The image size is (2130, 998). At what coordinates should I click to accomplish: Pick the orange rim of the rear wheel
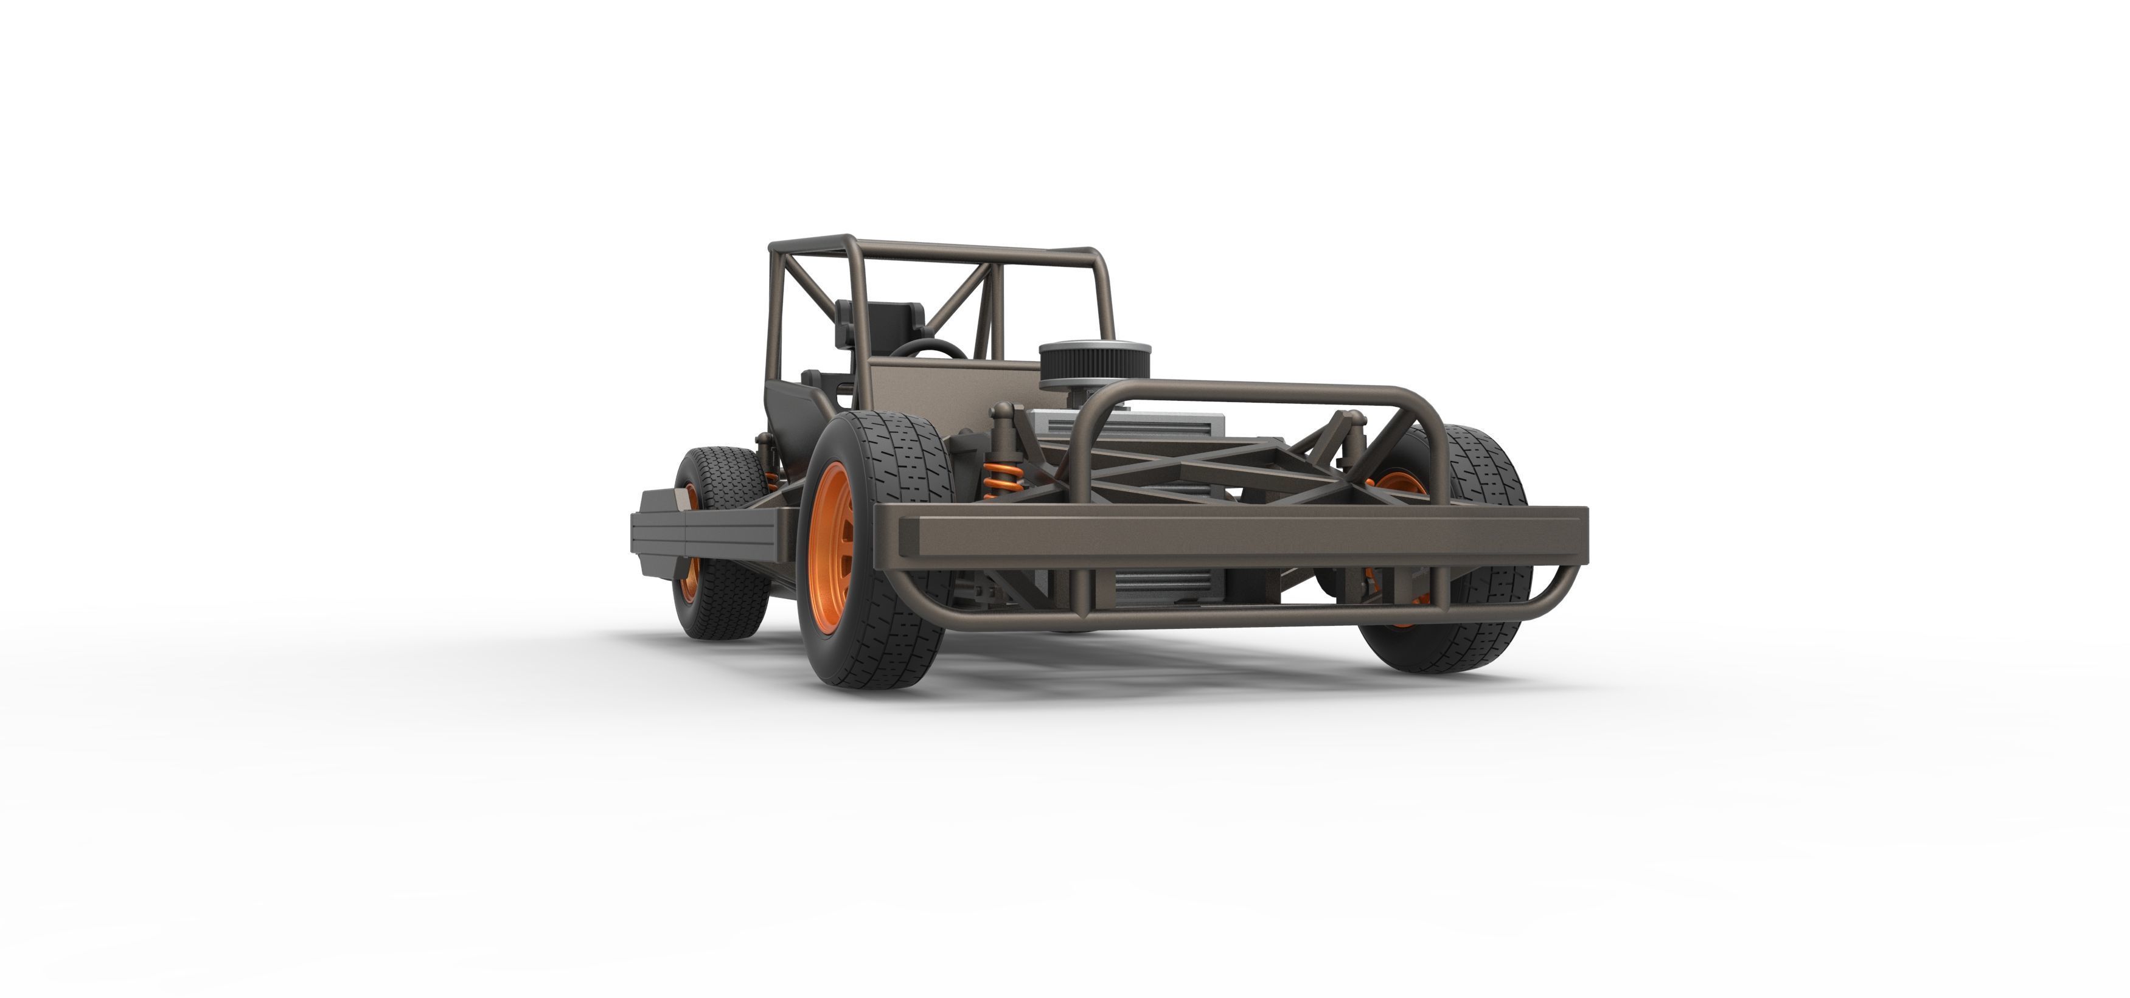[x=689, y=570]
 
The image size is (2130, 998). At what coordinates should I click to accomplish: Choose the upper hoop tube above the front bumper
[x=1257, y=389]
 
